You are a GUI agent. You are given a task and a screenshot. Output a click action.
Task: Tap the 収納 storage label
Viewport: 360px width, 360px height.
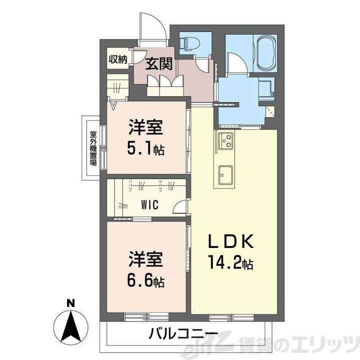(118, 59)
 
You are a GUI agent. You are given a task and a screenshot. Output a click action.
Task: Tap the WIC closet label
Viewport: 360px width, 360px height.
(150, 205)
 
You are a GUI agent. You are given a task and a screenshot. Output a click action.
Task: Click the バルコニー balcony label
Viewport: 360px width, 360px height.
(182, 333)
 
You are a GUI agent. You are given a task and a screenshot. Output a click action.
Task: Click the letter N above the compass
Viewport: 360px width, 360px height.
(71, 302)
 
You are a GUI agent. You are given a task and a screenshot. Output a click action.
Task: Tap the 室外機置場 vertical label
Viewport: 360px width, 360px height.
(93, 148)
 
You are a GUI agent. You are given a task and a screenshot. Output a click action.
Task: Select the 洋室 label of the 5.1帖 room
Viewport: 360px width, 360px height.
(146, 128)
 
